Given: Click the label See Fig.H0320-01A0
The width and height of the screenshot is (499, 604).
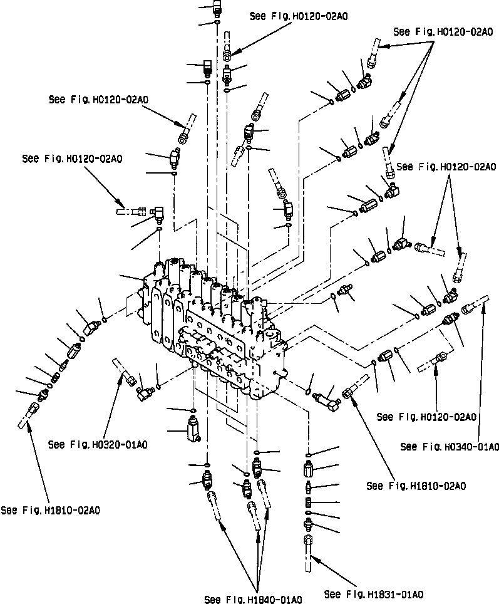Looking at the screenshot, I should pyautogui.click(x=98, y=445).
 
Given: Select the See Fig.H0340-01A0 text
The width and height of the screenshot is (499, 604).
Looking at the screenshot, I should pyautogui.click(x=450, y=447).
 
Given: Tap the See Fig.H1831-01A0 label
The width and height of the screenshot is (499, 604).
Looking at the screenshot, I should pyautogui.click(x=374, y=594).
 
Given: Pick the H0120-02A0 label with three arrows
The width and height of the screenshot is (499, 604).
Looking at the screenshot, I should pyautogui.click(x=442, y=31).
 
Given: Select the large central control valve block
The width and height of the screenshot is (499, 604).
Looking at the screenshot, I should pyautogui.click(x=213, y=326).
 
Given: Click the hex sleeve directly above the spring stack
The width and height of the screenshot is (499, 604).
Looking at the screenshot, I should pyautogui.click(x=309, y=469).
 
